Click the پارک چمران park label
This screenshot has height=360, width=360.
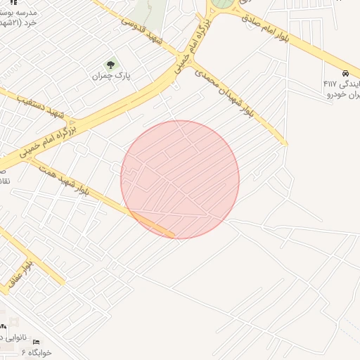click(x=112, y=75)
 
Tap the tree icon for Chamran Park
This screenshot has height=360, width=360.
click(x=110, y=65)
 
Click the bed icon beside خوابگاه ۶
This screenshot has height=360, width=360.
click(x=37, y=342)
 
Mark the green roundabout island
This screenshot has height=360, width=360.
click(x=224, y=4)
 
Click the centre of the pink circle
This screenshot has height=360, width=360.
click(x=180, y=179)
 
